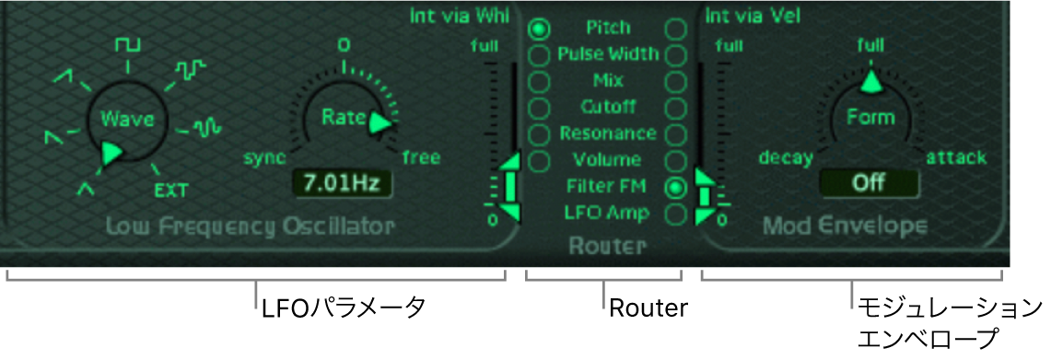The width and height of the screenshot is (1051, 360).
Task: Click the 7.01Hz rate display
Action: pyautogui.click(x=337, y=183)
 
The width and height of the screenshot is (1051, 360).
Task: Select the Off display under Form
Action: pyautogui.click(x=868, y=182)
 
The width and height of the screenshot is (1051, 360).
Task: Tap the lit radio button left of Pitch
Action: pyautogui.click(x=540, y=29)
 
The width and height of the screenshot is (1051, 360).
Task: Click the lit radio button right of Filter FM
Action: pyautogui.click(x=675, y=187)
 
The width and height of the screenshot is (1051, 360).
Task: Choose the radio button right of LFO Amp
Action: pyautogui.click(x=675, y=214)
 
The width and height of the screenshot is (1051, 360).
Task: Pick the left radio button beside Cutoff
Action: pyautogui.click(x=540, y=108)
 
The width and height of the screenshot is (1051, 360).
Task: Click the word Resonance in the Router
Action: pyautogui.click(x=608, y=134)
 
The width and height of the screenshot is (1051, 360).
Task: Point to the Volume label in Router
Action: pyautogui.click(x=607, y=160)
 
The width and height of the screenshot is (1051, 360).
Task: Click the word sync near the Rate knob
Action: pyautogui.click(x=264, y=157)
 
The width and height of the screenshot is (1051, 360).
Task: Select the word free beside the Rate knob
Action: pyautogui.click(x=421, y=157)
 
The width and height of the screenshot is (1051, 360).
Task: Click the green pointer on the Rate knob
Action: pyautogui.click(x=380, y=123)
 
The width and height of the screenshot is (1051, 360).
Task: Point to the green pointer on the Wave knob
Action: pyautogui.click(x=112, y=153)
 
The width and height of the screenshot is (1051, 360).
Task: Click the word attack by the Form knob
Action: pyautogui.click(x=956, y=157)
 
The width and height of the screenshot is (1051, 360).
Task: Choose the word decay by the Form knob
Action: pyautogui.click(x=786, y=157)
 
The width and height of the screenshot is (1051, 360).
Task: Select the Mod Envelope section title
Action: pyautogui.click(x=845, y=226)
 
